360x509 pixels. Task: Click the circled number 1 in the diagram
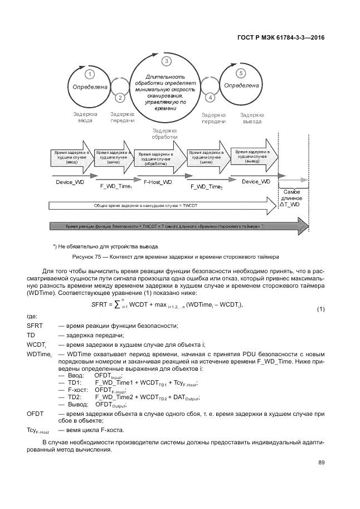89,74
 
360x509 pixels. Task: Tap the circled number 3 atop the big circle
165,61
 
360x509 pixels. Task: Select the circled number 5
241,73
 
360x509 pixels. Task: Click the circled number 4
210,97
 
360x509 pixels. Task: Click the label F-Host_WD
158,182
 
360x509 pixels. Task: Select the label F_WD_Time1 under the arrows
115,185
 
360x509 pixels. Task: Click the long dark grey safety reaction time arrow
178,227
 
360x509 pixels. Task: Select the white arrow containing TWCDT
162,206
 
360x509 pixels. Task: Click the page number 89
321,462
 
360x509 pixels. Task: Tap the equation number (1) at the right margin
320,309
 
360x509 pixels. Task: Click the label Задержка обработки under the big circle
165,133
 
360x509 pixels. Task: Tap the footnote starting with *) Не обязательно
105,246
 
